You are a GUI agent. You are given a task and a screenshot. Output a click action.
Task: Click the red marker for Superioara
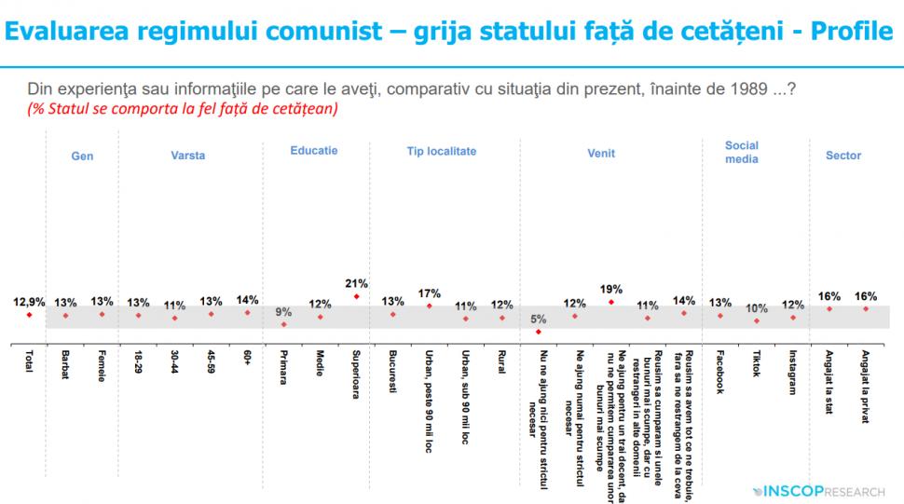pyautogui.click(x=356, y=297)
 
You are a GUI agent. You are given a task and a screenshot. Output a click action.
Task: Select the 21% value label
pyautogui.click(x=356, y=283)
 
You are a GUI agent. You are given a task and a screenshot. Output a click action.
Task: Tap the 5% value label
pyautogui.click(x=538, y=319)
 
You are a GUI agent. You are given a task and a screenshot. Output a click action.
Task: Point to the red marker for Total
pyautogui.click(x=29, y=315)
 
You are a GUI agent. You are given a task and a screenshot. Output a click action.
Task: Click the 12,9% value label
pyautogui.click(x=29, y=302)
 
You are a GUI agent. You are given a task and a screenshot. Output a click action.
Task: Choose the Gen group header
pyautogui.click(x=83, y=156)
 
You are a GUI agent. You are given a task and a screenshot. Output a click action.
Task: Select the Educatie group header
pyautogui.click(x=314, y=150)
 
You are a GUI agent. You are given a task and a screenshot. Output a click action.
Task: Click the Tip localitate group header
pyautogui.click(x=442, y=150)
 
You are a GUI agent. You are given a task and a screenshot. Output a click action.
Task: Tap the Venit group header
pyautogui.click(x=601, y=156)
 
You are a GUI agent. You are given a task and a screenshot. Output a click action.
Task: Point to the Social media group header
pyautogui.click(x=742, y=152)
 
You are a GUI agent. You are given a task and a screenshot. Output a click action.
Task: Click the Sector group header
pyautogui.click(x=843, y=156)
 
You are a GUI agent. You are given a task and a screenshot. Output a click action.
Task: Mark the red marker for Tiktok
pyautogui.click(x=756, y=320)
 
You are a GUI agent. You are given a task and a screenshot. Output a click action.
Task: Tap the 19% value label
pyautogui.click(x=611, y=289)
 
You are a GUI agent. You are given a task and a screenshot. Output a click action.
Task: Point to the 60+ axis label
pyautogui.click(x=247, y=359)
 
